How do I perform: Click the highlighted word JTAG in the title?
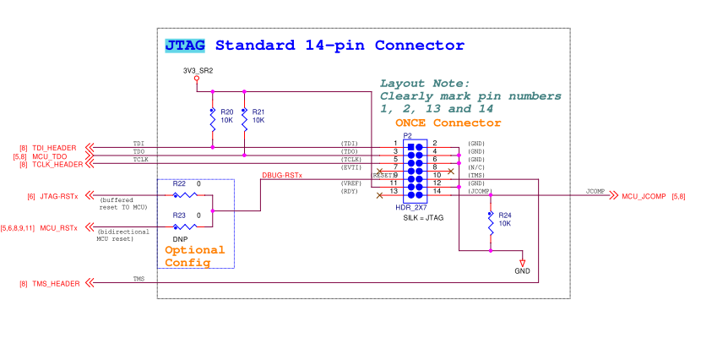click(184, 46)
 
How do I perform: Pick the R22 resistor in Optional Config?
click(184, 194)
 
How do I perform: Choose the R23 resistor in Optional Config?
click(184, 226)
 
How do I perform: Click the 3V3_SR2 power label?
click(198, 70)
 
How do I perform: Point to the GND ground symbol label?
click(522, 271)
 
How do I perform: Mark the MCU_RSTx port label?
click(58, 228)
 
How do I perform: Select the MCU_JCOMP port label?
click(644, 196)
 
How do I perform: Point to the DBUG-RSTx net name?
click(282, 176)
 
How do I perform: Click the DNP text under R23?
click(180, 239)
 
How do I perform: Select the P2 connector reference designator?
click(407, 135)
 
